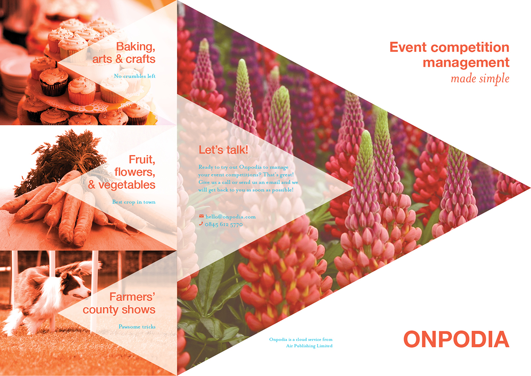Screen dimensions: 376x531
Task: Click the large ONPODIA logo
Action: pyautogui.click(x=456, y=339)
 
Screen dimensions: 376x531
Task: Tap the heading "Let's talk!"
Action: pyautogui.click(x=223, y=150)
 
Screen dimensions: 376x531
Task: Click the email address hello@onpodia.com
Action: pyautogui.click(x=231, y=217)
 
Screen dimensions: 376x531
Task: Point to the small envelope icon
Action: pyautogui.click(x=201, y=217)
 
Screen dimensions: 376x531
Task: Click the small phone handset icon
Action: pyautogui.click(x=201, y=225)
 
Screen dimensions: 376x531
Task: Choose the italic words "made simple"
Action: pyautogui.click(x=480, y=79)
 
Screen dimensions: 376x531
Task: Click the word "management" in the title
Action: pyautogui.click(x=466, y=62)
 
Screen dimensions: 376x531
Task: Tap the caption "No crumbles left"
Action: pyautogui.click(x=135, y=76)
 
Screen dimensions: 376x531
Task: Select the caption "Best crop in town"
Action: pyautogui.click(x=134, y=202)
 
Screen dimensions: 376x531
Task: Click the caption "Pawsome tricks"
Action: pyautogui.click(x=137, y=327)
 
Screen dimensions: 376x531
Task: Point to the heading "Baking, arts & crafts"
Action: pyautogui.click(x=128, y=52)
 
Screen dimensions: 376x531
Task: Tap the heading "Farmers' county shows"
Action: pyautogui.click(x=119, y=303)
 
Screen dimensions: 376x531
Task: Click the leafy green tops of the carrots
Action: pyautogui.click(x=66, y=155)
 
